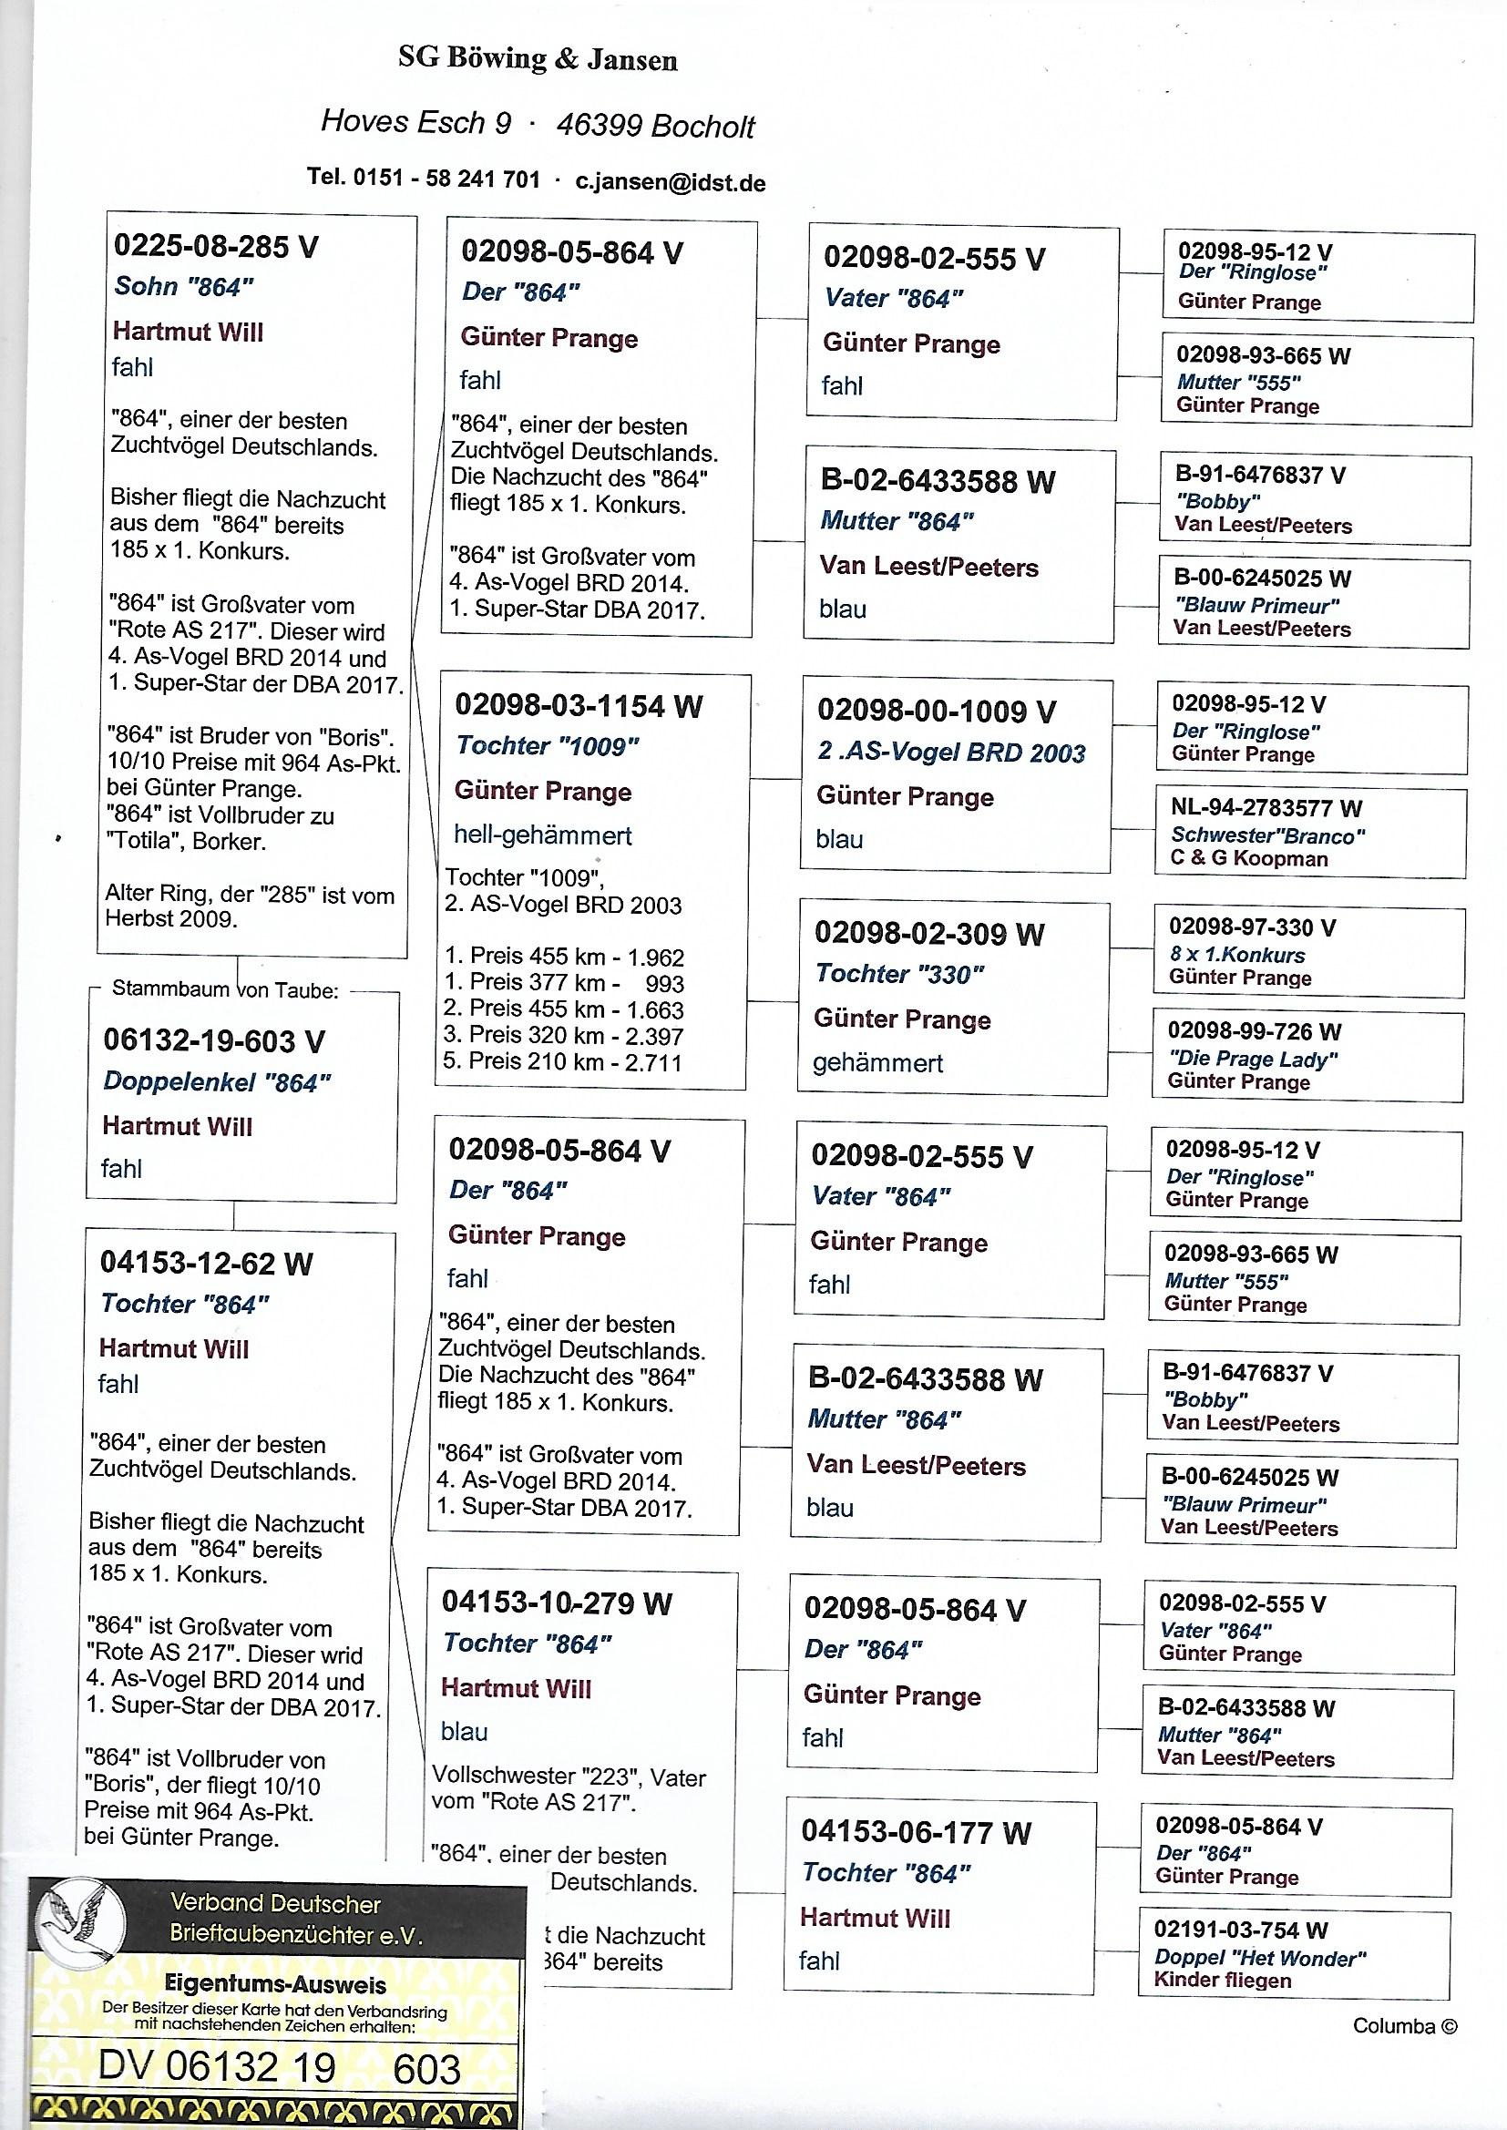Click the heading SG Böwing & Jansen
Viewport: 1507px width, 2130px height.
[538, 60]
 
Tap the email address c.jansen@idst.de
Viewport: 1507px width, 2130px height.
[670, 183]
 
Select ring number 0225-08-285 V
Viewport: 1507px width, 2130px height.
[215, 246]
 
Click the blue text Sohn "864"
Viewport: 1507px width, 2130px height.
[184, 287]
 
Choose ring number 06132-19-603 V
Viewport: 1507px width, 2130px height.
[213, 1041]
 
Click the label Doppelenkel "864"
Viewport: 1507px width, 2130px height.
[216, 1081]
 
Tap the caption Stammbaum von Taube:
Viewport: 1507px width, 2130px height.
[224, 990]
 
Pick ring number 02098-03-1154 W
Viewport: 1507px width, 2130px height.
[579, 706]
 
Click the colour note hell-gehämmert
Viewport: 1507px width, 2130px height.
[542, 835]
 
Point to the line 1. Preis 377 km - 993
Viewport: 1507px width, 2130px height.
[563, 983]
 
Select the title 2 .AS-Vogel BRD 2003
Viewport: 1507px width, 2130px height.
[951, 753]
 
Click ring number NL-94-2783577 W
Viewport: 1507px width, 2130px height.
[1266, 808]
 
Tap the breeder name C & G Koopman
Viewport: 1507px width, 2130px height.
[1248, 859]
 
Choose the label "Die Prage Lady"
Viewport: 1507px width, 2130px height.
[1253, 1059]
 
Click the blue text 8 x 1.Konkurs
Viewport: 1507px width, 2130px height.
[1236, 955]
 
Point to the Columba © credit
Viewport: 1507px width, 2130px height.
[1404, 2026]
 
